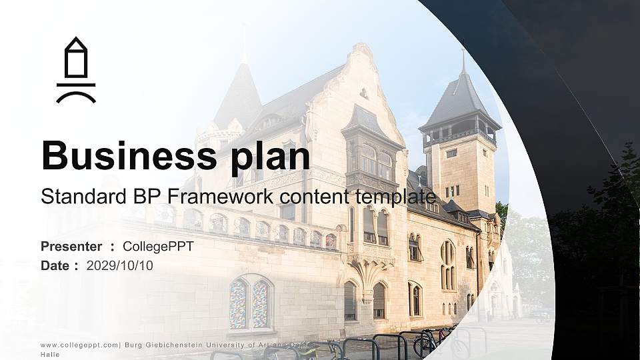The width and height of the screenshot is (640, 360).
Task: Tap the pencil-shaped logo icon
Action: coord(76,70)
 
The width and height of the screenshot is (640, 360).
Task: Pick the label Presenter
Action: coord(71,247)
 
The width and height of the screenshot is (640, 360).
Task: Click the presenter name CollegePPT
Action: coord(158,247)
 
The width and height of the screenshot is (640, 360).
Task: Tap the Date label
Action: coord(55,265)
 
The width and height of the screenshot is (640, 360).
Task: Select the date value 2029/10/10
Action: coord(120,265)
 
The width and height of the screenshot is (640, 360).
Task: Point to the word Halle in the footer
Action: coord(50,355)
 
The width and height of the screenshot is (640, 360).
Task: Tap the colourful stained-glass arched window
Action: coord(251,303)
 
